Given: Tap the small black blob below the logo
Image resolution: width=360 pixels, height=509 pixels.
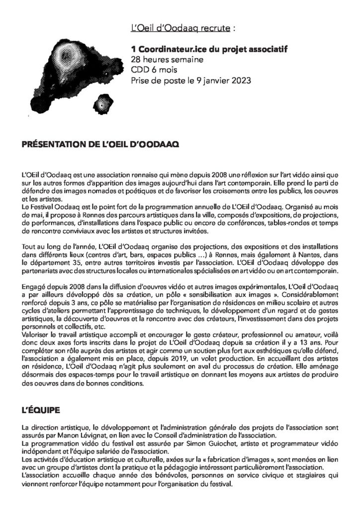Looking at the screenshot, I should click(x=101, y=104).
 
